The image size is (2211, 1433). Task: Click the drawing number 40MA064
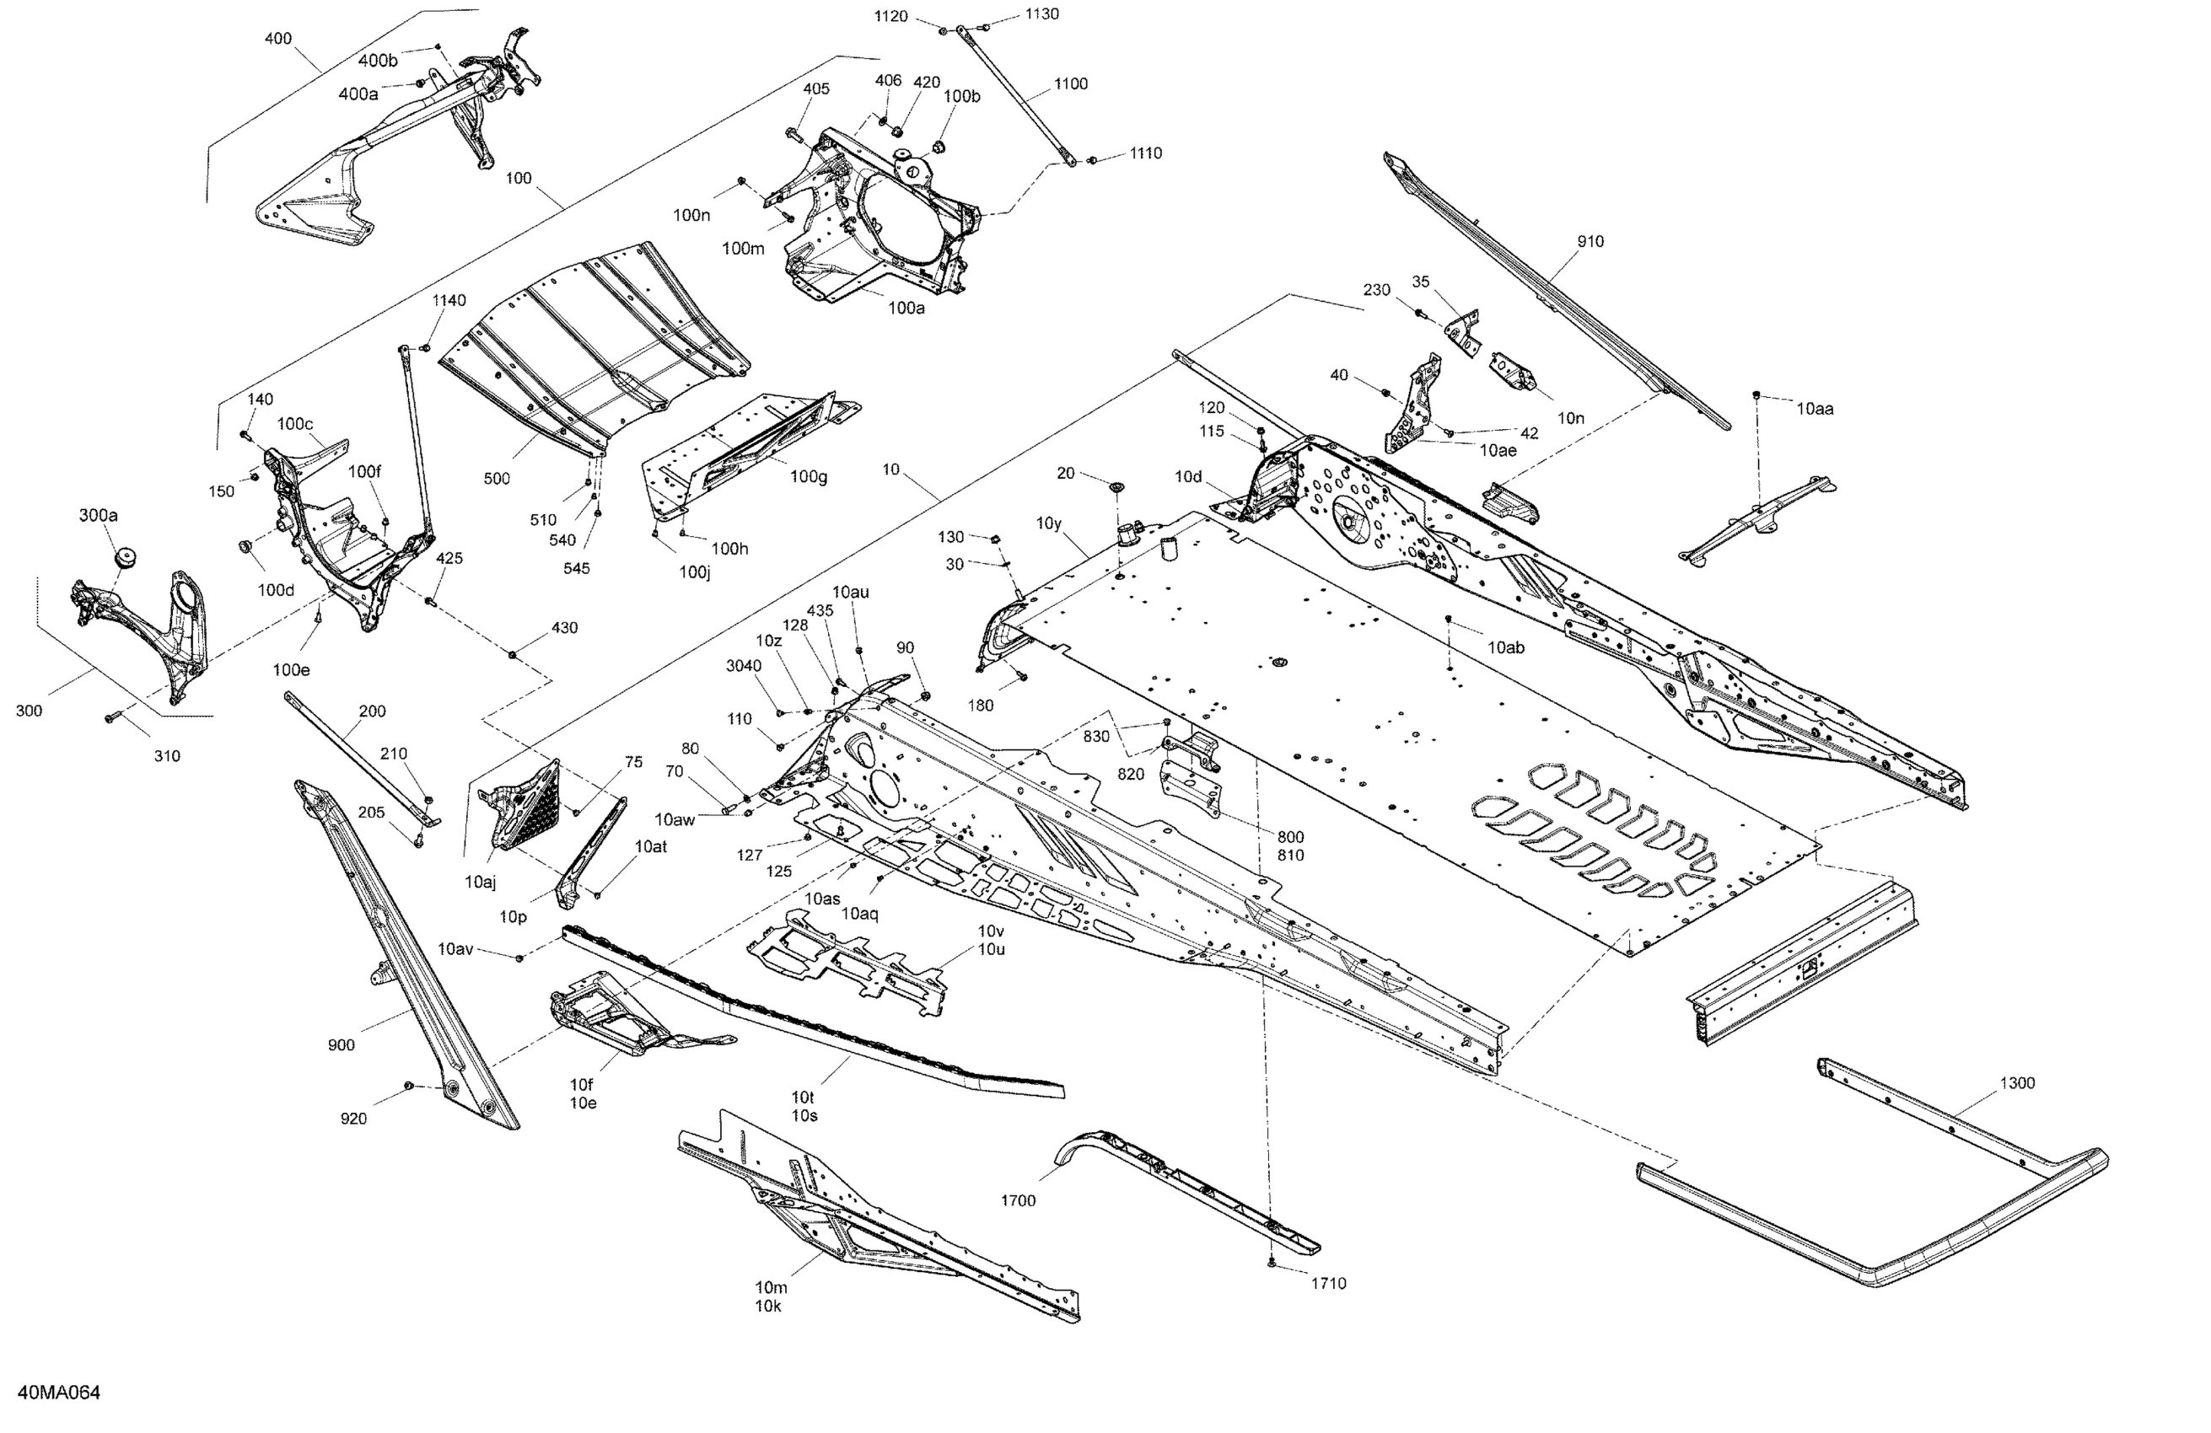pos(58,1393)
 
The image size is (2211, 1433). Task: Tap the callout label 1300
pos(2017,1083)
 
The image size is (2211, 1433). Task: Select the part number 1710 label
pos(1328,1284)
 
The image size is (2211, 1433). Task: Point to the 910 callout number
pos(1590,241)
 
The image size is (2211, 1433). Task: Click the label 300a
pos(99,515)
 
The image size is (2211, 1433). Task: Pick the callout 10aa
pos(1815,409)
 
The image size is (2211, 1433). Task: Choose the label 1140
pos(449,300)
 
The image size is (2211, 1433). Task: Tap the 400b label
pos(378,62)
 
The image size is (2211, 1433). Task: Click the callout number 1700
pos(1017,1201)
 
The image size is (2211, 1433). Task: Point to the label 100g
pos(808,476)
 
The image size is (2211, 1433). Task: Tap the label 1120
pos(891,17)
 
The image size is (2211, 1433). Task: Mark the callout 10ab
pos(1506,647)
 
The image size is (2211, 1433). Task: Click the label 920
pos(353,1119)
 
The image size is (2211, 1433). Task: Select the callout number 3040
pos(743,666)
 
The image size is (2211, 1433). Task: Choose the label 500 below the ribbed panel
pos(497,478)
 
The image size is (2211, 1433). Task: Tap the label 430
pos(565,628)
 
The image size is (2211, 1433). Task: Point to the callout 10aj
pos(481,882)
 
